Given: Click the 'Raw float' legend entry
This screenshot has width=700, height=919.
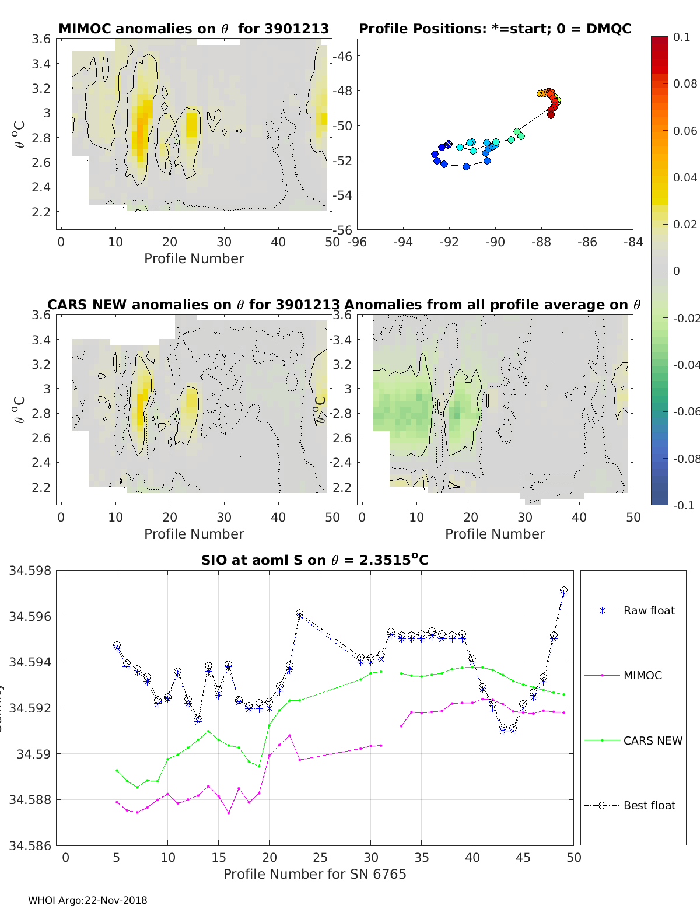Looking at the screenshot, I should pyautogui.click(x=649, y=610).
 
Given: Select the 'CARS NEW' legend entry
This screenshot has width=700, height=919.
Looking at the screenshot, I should pyautogui.click(x=653, y=740).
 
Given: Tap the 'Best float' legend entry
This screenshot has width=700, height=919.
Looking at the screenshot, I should pyautogui.click(x=649, y=805).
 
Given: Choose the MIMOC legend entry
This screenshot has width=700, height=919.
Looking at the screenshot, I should pyautogui.click(x=642, y=675).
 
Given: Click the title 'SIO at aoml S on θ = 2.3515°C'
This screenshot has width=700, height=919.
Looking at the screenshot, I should pyautogui.click(x=314, y=560).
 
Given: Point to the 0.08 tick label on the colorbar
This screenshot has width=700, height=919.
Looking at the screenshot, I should pyautogui.click(x=685, y=83).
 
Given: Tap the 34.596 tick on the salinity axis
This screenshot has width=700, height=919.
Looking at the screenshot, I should pyautogui.click(x=30, y=616).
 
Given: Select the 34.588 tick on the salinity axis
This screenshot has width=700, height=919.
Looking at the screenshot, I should pyautogui.click(x=30, y=799).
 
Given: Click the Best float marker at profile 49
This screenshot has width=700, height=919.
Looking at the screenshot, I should pyautogui.click(x=563, y=590).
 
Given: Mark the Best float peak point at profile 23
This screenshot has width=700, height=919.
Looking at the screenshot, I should pyautogui.click(x=299, y=613).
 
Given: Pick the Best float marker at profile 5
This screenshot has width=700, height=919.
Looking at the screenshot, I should pyautogui.click(x=117, y=645).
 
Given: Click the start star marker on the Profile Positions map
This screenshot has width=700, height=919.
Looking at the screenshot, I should pyautogui.click(x=448, y=144).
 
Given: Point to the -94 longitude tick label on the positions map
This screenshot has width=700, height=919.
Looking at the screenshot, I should pyautogui.click(x=402, y=242).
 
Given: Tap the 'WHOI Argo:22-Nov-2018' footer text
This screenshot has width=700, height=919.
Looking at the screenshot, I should pyautogui.click(x=87, y=900).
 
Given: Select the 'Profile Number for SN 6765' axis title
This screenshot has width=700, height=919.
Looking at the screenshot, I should pyautogui.click(x=314, y=874).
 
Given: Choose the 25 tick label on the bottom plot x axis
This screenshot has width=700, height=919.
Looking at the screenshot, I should pyautogui.click(x=320, y=857).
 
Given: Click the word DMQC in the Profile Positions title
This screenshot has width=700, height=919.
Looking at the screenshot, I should pyautogui.click(x=608, y=29).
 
